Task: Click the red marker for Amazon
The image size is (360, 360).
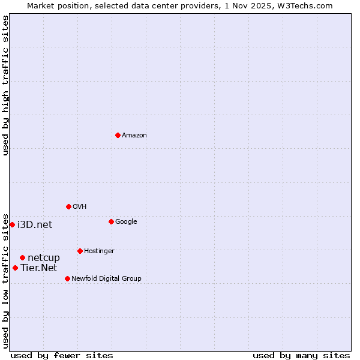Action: pyautogui.click(x=118, y=135)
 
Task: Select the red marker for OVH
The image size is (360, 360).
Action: pyautogui.click(x=68, y=206)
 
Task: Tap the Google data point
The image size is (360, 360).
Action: pyautogui.click(x=111, y=221)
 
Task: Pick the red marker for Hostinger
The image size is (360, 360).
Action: pyautogui.click(x=80, y=251)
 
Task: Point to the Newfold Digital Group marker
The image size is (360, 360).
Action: pyautogui.click(x=67, y=278)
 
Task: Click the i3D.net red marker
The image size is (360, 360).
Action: pyautogui.click(x=12, y=224)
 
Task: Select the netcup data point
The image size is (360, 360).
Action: pyautogui.click(x=22, y=257)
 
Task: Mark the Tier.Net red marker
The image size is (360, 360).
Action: pyautogui.click(x=15, y=268)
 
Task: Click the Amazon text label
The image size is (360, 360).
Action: pyautogui.click(x=134, y=135)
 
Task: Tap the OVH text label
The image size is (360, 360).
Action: pyautogui.click(x=80, y=206)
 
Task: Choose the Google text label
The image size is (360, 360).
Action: pyautogui.click(x=126, y=221)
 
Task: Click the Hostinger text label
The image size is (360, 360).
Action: pyautogui.click(x=99, y=251)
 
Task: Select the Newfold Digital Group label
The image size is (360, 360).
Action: pyautogui.click(x=106, y=278)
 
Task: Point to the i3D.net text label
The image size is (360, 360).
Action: pyautogui.click(x=35, y=224)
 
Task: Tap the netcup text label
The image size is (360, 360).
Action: pyautogui.click(x=44, y=257)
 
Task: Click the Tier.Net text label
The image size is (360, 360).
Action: pyautogui.click(x=38, y=268)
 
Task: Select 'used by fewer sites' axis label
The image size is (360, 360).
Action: pyautogui.click(x=62, y=355)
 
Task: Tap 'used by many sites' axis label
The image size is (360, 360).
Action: pyautogui.click(x=301, y=355)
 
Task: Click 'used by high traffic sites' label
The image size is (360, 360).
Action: pyautogui.click(x=5, y=85)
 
